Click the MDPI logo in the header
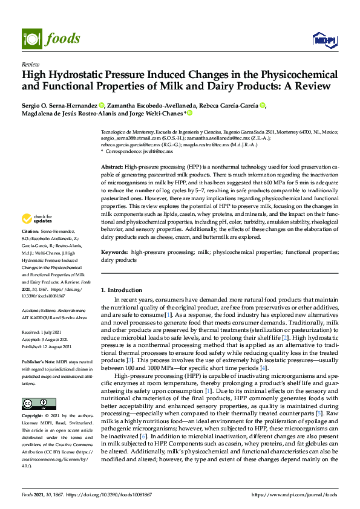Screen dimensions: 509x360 (324, 40)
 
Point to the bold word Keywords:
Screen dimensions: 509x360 (114, 251)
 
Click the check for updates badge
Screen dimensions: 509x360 (38, 219)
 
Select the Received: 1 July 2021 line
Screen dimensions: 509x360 (45, 332)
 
